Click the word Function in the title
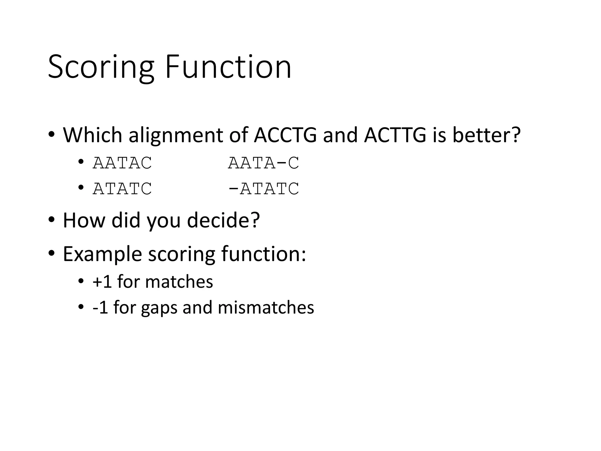coord(228,67)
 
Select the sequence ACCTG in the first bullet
coord(285,135)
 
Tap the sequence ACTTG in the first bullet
coord(395,135)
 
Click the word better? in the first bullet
coord(486,135)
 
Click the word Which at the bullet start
coord(92,135)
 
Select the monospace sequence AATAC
coord(122,163)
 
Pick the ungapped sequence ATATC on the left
coord(122,189)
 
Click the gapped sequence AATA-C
coord(264,163)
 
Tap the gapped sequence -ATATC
coord(264,189)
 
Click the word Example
coord(102,254)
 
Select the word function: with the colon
coord(264,254)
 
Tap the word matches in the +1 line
coord(179,282)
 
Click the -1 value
coord(100,308)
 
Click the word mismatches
coord(266,308)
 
